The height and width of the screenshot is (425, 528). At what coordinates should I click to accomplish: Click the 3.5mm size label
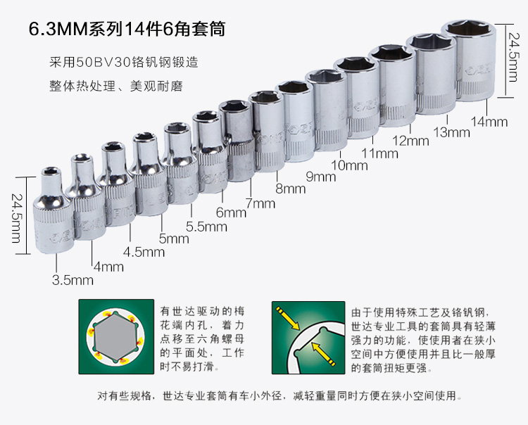point(73,280)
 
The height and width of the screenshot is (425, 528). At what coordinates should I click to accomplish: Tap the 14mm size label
point(489,122)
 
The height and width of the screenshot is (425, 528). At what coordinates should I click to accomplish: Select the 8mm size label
point(291,189)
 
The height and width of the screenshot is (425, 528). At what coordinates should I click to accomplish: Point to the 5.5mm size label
point(206,227)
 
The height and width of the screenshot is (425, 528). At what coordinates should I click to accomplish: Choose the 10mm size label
point(349,165)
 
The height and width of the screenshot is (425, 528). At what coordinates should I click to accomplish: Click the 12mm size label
point(411,141)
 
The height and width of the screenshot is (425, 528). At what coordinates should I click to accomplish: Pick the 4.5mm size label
point(144,252)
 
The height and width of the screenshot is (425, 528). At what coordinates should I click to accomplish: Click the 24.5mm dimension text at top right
point(512,57)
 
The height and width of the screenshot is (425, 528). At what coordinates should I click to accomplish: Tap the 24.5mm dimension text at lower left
point(16,218)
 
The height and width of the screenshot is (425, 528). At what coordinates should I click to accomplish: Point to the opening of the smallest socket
point(51,171)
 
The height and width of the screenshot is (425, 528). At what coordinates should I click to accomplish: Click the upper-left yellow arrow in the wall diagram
point(287,317)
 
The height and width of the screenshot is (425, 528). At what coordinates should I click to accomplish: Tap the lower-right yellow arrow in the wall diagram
point(324,354)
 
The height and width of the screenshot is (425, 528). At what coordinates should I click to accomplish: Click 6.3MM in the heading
point(58,30)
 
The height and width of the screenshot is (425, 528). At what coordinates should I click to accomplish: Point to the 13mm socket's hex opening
point(431,42)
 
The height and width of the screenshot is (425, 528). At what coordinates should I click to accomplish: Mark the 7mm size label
point(260,203)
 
